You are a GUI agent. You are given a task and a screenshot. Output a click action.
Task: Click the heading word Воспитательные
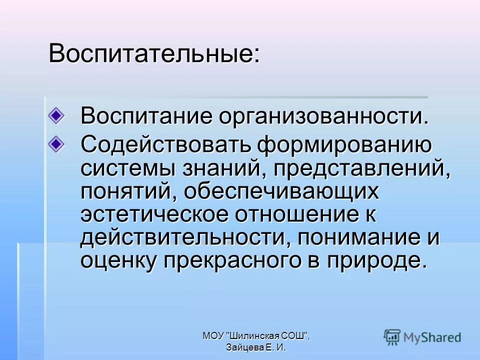coord(152,53)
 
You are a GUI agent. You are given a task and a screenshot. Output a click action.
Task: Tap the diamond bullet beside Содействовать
coord(56,143)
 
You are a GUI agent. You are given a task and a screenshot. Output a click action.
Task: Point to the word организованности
coord(323,116)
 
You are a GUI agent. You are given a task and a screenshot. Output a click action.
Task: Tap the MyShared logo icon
coord(392,336)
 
